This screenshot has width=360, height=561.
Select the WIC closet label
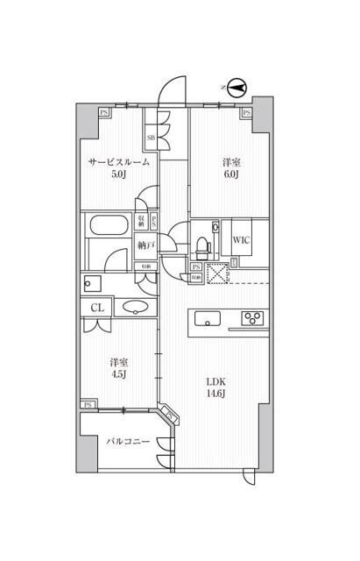tap(243, 240)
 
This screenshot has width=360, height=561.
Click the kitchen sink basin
tap(208, 319)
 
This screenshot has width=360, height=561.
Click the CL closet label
tap(97, 308)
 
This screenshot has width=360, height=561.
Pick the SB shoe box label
tap(151, 138)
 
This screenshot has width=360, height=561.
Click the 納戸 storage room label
tap(145, 246)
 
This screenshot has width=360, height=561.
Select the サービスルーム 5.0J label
tap(117, 168)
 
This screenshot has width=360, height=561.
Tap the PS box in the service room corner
tap(104, 113)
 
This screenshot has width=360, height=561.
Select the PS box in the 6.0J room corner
tap(247, 113)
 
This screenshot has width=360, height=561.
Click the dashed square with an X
tap(216, 273)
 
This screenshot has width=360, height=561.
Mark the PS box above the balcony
tap(88, 404)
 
